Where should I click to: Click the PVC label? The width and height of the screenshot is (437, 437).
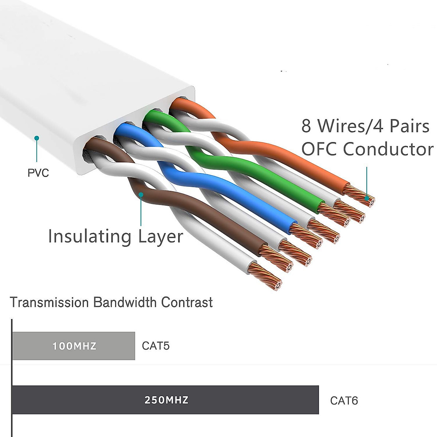click(x=38, y=173)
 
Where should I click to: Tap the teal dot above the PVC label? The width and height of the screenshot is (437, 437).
click(x=36, y=138)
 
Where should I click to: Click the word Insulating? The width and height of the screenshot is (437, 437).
click(x=90, y=236)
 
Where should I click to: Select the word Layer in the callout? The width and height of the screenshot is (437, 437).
click(x=161, y=237)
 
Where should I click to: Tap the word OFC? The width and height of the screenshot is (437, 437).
click(x=319, y=149)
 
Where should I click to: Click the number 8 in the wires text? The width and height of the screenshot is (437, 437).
click(x=306, y=126)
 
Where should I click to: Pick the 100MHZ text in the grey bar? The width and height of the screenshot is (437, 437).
click(x=74, y=346)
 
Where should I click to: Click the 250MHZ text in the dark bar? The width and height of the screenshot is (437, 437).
click(x=166, y=400)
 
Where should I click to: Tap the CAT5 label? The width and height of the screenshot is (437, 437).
click(x=156, y=346)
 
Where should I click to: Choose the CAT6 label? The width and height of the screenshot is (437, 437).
click(x=344, y=401)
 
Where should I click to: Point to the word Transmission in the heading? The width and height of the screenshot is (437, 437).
click(x=49, y=302)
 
